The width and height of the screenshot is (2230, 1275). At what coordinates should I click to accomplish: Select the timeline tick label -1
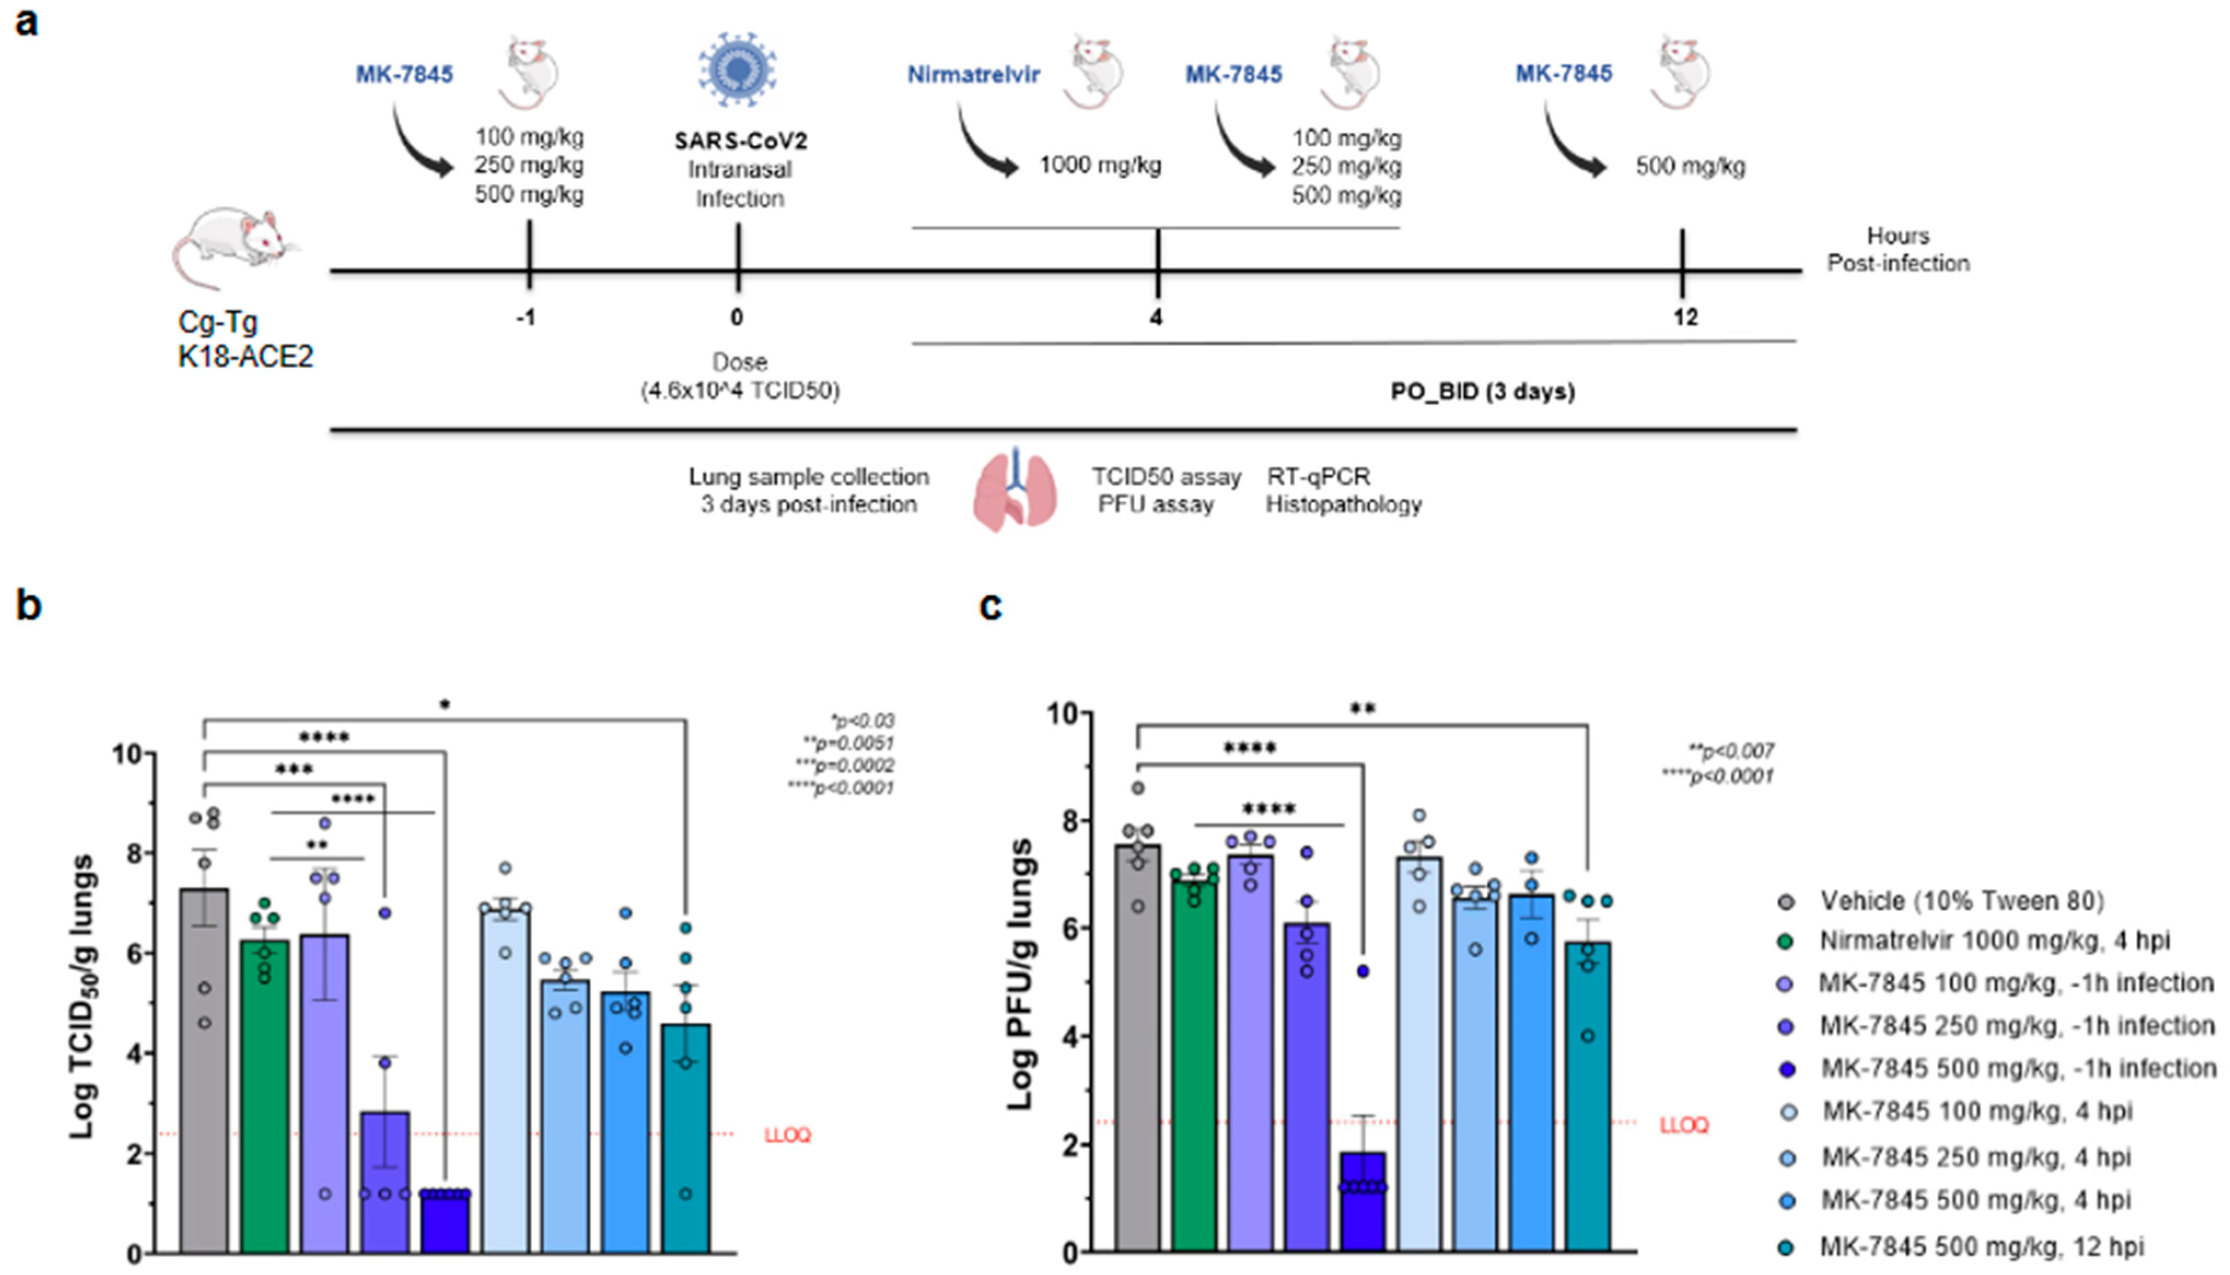[525, 317]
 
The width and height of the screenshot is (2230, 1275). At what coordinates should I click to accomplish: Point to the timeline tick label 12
[1685, 317]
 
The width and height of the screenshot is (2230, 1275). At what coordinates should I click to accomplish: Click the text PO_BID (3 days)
[1482, 392]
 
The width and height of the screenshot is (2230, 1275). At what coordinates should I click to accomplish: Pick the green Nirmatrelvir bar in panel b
[264, 1094]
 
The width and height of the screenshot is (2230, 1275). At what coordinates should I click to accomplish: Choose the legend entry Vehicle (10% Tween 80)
[1961, 901]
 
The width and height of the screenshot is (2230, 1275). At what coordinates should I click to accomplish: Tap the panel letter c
[990, 605]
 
